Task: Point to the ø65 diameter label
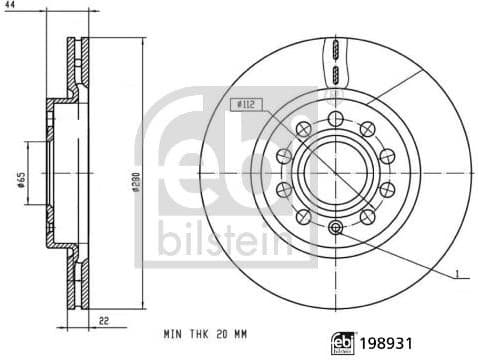[22, 179]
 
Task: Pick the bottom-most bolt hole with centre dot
[334, 227]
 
